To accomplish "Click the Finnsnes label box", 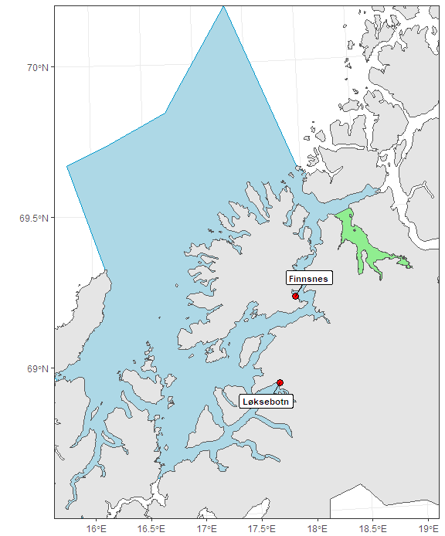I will (x=308, y=278).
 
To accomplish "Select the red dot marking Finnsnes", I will (x=295, y=296).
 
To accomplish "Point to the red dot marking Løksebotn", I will (x=280, y=382).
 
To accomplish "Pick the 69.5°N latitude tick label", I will (x=32, y=219).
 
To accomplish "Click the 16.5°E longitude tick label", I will (x=151, y=529).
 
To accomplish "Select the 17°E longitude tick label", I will (x=206, y=529).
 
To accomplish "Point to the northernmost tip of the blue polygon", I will (x=222, y=6).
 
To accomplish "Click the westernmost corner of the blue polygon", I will (x=67, y=166).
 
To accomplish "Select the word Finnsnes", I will (x=308, y=278).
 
